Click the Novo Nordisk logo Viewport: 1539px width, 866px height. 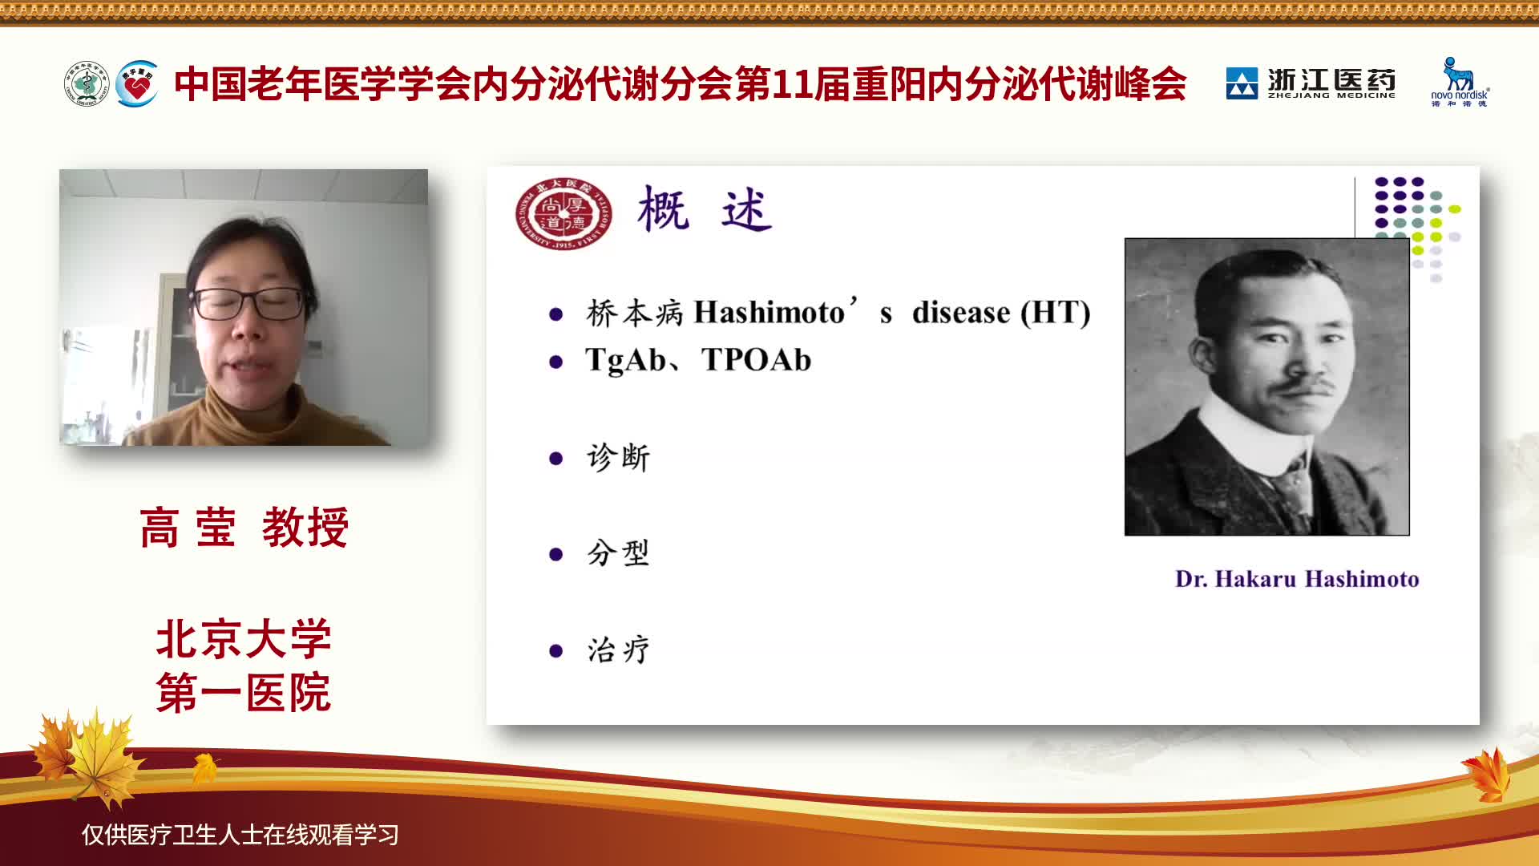[1460, 82]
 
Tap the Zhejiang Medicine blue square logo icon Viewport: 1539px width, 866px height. [1242, 83]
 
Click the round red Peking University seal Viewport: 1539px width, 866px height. [563, 213]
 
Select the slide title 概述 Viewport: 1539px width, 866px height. [705, 209]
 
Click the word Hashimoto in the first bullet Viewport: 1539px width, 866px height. [769, 312]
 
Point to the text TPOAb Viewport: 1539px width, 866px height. [756, 360]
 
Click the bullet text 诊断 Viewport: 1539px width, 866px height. [618, 457]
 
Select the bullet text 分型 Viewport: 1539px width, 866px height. [618, 553]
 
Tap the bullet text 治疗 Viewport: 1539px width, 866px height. [618, 649]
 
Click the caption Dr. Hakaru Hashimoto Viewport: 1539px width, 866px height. [1297, 579]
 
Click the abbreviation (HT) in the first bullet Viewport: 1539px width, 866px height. [1056, 312]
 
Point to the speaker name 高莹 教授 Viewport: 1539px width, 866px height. [244, 528]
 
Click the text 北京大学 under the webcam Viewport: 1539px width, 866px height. [244, 639]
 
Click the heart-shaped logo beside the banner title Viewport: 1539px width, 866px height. [137, 83]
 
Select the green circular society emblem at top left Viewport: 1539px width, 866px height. [87, 83]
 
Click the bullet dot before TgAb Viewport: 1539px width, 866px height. [555, 362]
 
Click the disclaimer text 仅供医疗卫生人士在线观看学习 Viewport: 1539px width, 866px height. [240, 835]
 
